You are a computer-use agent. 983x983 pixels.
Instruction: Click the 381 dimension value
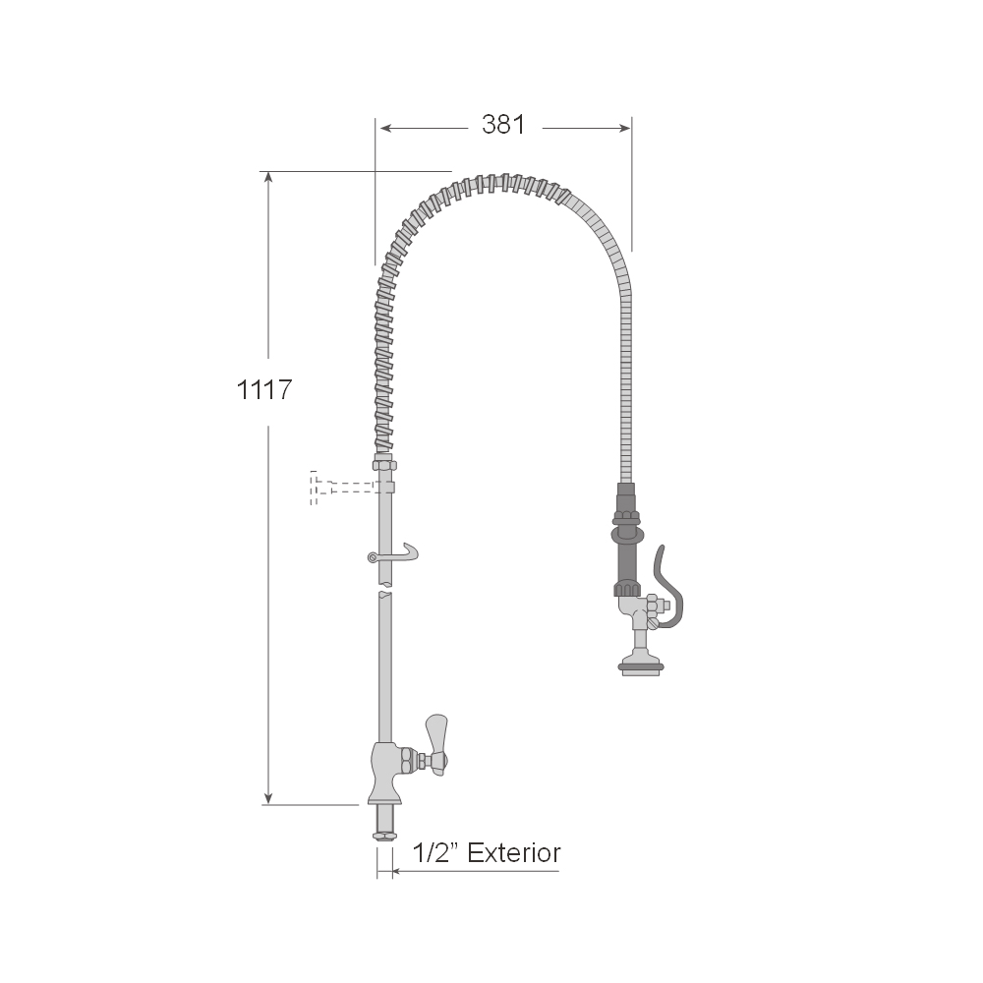coord(503,125)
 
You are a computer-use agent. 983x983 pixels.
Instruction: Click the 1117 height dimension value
coord(263,390)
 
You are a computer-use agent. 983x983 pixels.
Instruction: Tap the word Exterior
coord(513,853)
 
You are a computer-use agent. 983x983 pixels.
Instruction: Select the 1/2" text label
coord(434,853)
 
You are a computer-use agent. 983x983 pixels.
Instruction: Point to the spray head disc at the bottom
coord(640,665)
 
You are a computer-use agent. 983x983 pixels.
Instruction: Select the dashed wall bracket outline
coord(343,488)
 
